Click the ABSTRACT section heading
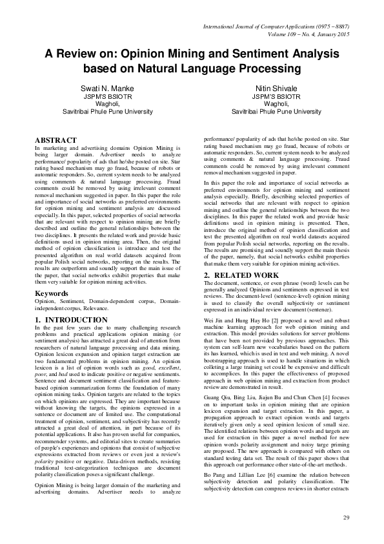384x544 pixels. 55,140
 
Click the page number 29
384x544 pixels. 347,519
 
